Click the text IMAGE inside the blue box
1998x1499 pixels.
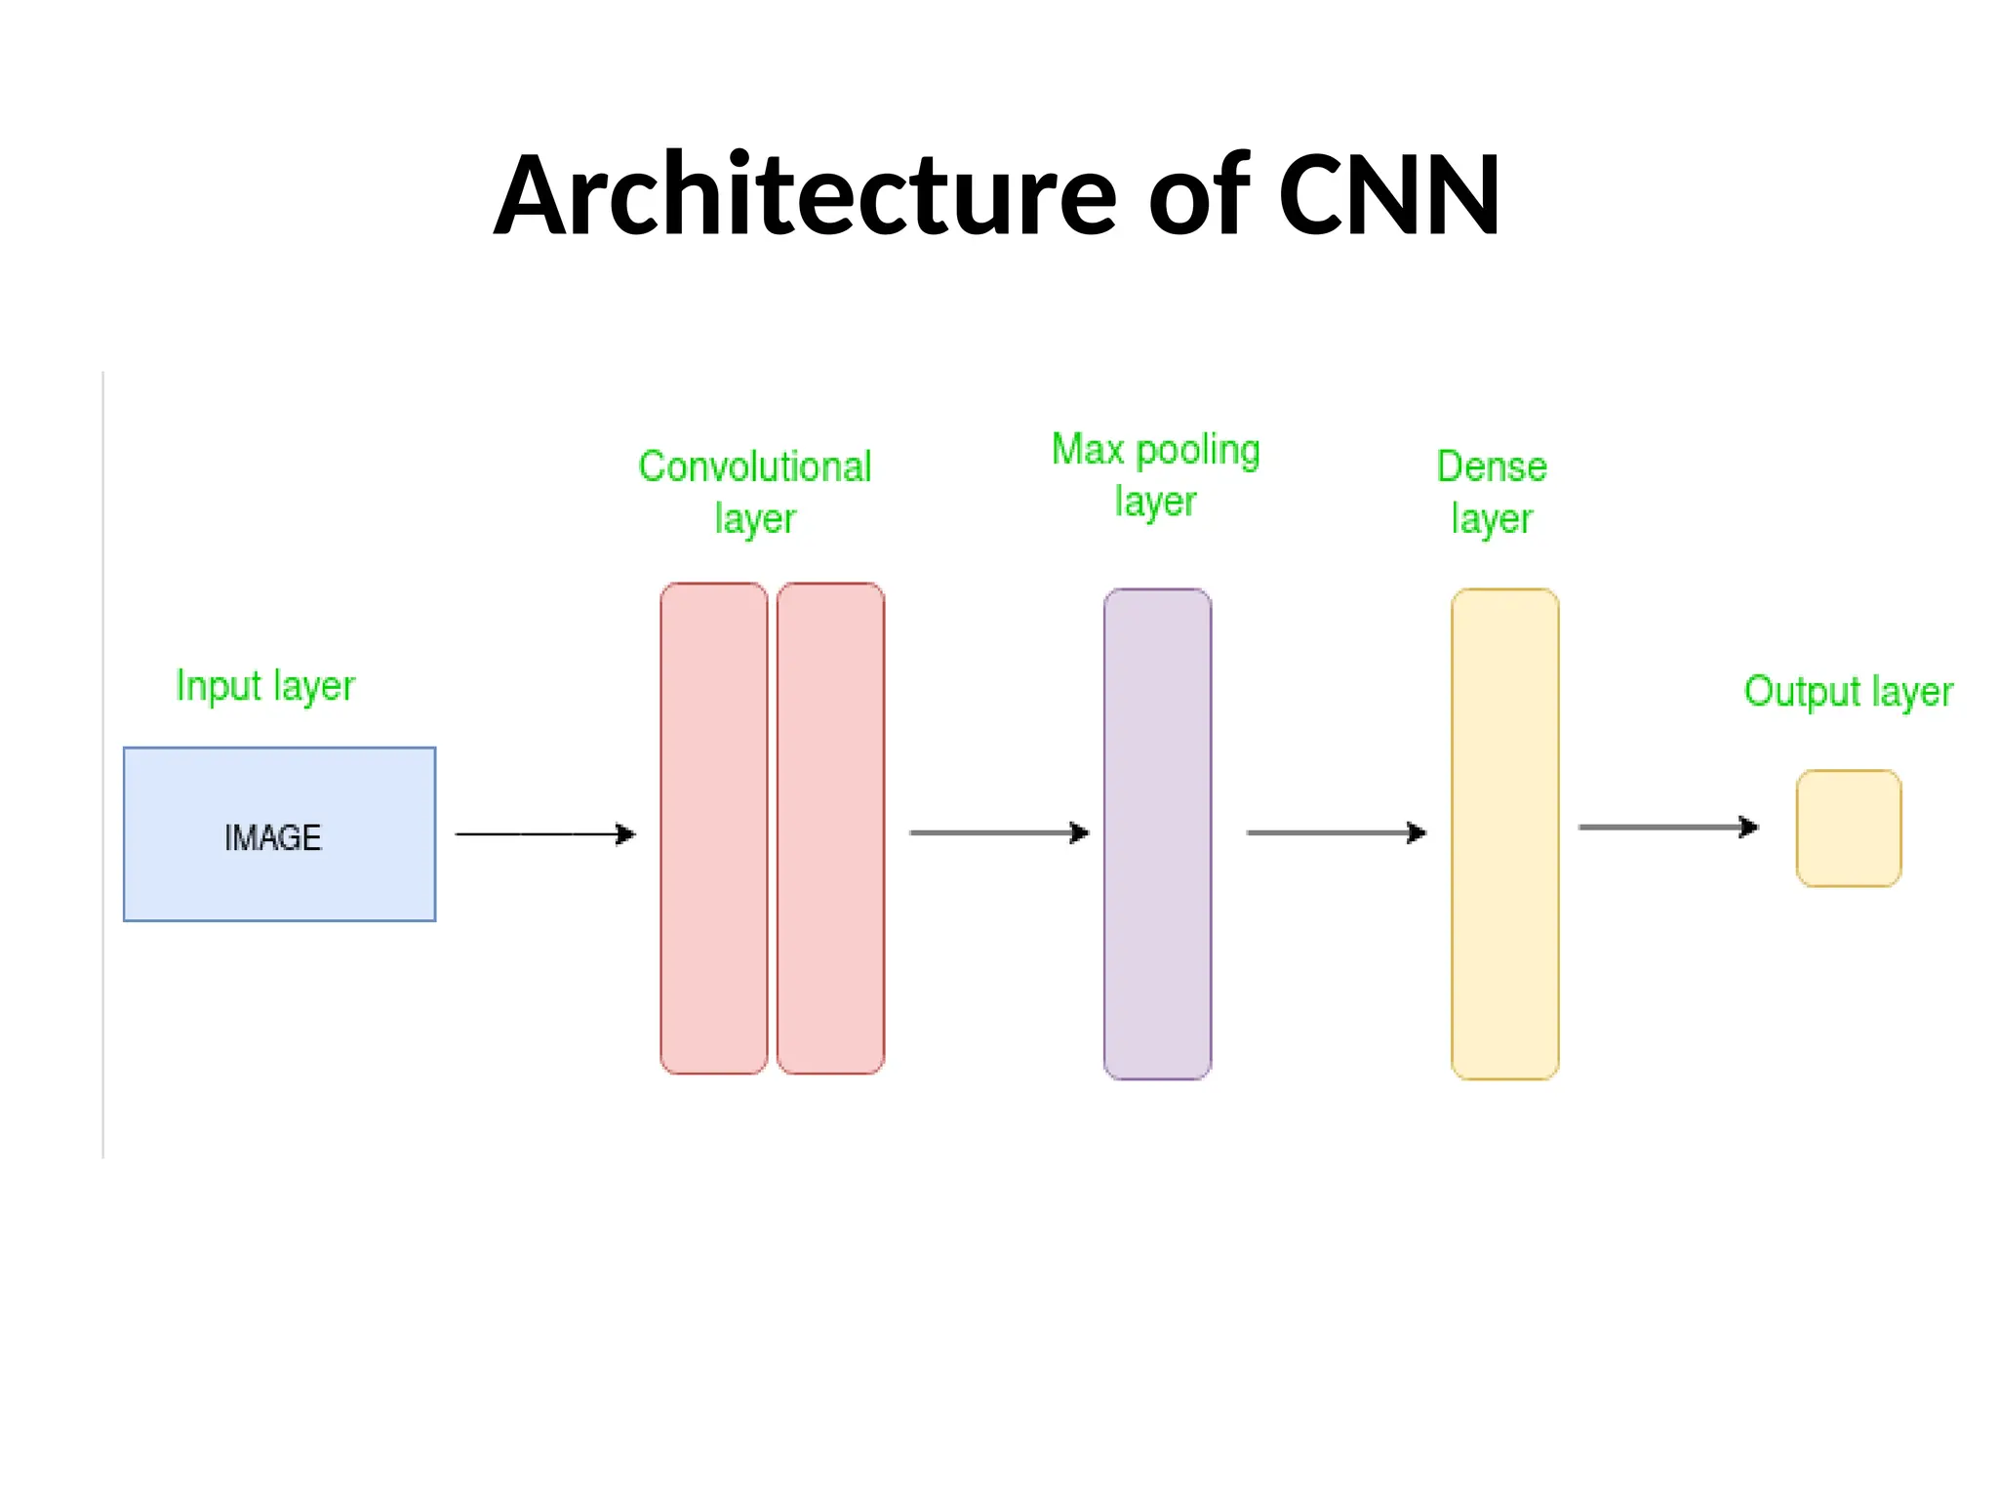pos(272,838)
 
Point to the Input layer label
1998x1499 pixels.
pos(265,686)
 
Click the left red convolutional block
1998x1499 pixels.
pos(713,829)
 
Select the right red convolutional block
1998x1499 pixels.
pos(830,829)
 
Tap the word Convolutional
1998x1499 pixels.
pos(754,467)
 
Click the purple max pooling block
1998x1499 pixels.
pos(1157,834)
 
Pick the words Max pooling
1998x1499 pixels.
pos(1155,451)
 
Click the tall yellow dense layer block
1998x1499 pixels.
pos(1504,834)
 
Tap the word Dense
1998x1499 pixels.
pos(1492,467)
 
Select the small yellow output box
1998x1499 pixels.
pos(1849,829)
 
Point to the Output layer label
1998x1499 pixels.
pos(1848,692)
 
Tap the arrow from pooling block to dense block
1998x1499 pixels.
pos(1336,832)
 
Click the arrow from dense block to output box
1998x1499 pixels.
pos(1667,828)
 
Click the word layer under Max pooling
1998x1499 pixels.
pos(1155,503)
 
